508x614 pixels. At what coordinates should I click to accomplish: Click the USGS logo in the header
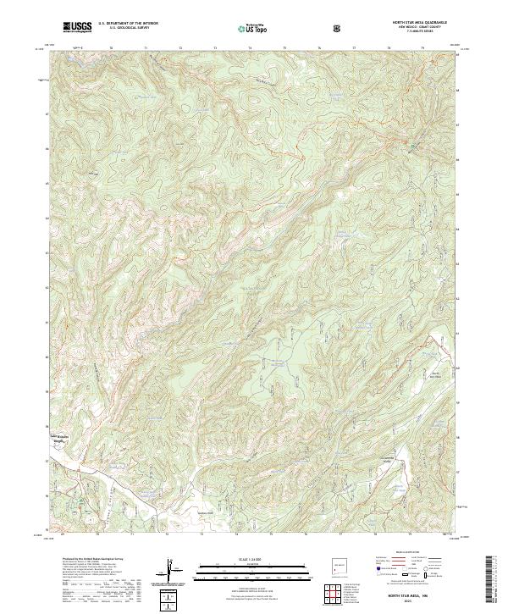(77, 27)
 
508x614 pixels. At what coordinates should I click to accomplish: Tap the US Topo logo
(254, 28)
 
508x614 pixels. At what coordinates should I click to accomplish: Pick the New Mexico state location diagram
(339, 567)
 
